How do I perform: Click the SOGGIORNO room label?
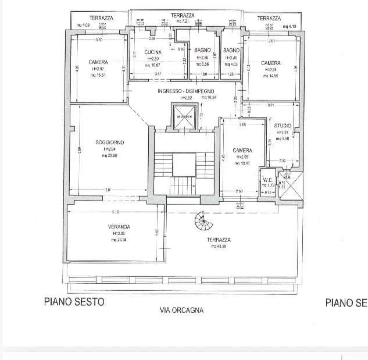pyautogui.click(x=110, y=142)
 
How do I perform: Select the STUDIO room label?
pyautogui.click(x=283, y=125)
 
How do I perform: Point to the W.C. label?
pyautogui.click(x=268, y=179)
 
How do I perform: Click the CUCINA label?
pyautogui.click(x=153, y=52)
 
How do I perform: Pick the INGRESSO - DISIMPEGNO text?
pyautogui.click(x=186, y=91)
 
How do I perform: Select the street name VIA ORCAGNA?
pyautogui.click(x=181, y=310)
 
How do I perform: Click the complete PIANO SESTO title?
pyautogui.click(x=74, y=302)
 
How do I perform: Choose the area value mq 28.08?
pyautogui.click(x=110, y=156)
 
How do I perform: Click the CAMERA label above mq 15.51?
pyautogui.click(x=98, y=62)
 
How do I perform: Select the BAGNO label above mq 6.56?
pyautogui.click(x=202, y=51)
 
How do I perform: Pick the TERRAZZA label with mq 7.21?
pyautogui.click(x=183, y=15)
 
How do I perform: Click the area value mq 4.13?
pyautogui.click(x=290, y=26)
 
